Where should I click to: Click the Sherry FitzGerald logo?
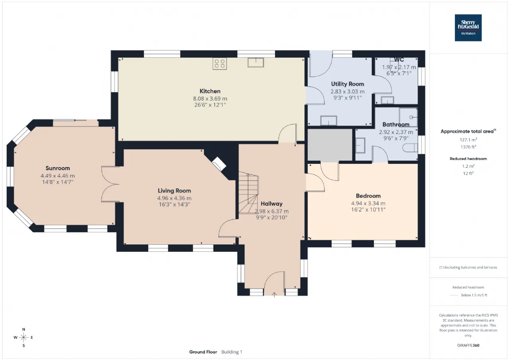click(x=468, y=28)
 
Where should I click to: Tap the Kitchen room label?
click(x=210, y=91)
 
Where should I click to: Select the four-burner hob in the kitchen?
click(x=220, y=64)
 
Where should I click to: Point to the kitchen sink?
click(x=256, y=62)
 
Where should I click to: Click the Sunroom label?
click(x=58, y=168)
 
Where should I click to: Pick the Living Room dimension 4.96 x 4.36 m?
click(x=174, y=198)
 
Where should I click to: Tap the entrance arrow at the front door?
click(x=274, y=294)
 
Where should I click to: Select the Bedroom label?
click(x=368, y=196)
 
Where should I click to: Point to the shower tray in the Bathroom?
click(x=408, y=117)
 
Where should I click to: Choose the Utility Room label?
click(x=348, y=84)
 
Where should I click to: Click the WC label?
click(x=399, y=60)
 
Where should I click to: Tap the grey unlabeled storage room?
click(x=330, y=145)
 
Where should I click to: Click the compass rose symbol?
click(x=23, y=337)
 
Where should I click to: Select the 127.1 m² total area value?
click(x=468, y=140)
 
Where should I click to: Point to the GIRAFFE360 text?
click(x=468, y=345)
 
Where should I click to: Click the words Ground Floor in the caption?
click(x=203, y=352)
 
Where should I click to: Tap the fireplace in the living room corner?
click(x=219, y=164)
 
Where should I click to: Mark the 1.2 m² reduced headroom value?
click(x=468, y=166)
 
